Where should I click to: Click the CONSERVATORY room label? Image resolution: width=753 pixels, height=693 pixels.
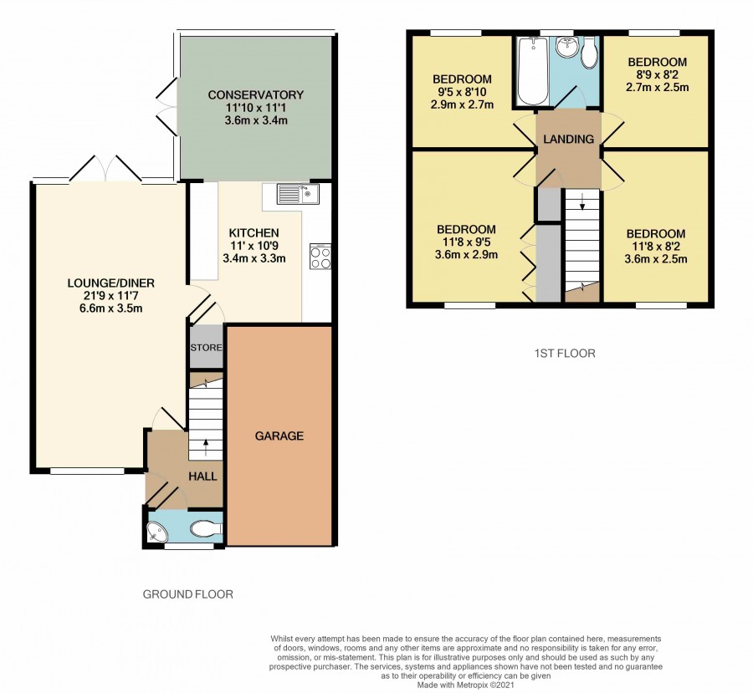(255, 95)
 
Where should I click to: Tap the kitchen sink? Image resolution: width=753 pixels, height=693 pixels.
(298, 194)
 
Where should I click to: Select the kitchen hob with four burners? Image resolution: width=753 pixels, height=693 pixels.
(320, 257)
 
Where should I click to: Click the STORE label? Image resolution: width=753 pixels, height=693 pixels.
(207, 348)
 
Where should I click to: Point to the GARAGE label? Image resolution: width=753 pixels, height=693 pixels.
(279, 436)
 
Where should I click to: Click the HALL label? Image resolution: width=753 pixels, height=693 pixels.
(202, 476)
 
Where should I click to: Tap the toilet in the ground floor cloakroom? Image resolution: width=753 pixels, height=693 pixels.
(206, 529)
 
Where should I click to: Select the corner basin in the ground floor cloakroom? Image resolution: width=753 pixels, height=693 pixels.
(156, 532)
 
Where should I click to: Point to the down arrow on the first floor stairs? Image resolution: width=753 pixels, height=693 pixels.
(582, 201)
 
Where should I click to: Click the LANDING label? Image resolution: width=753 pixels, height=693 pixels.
(569, 139)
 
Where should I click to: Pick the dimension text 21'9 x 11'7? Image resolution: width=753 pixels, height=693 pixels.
(111, 296)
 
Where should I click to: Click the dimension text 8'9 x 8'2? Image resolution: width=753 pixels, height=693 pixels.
(658, 74)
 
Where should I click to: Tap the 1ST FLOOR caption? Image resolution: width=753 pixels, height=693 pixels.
(565, 354)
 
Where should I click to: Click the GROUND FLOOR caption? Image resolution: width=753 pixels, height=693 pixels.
(187, 594)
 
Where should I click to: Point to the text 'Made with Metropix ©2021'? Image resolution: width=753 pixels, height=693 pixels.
(465, 685)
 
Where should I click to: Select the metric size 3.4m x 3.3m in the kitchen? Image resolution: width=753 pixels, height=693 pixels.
(254, 258)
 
